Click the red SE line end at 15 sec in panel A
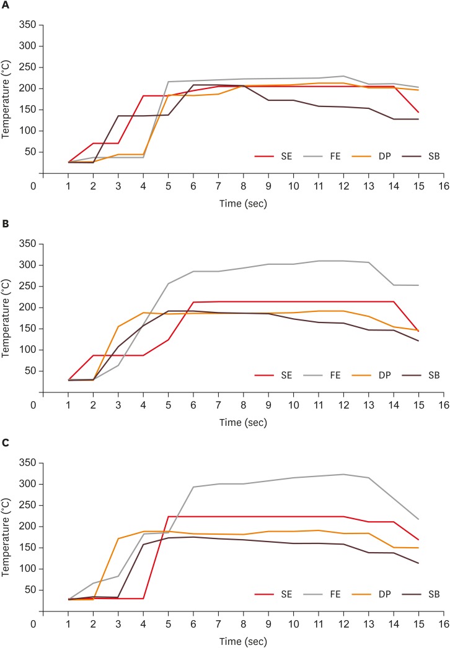(418, 113)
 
